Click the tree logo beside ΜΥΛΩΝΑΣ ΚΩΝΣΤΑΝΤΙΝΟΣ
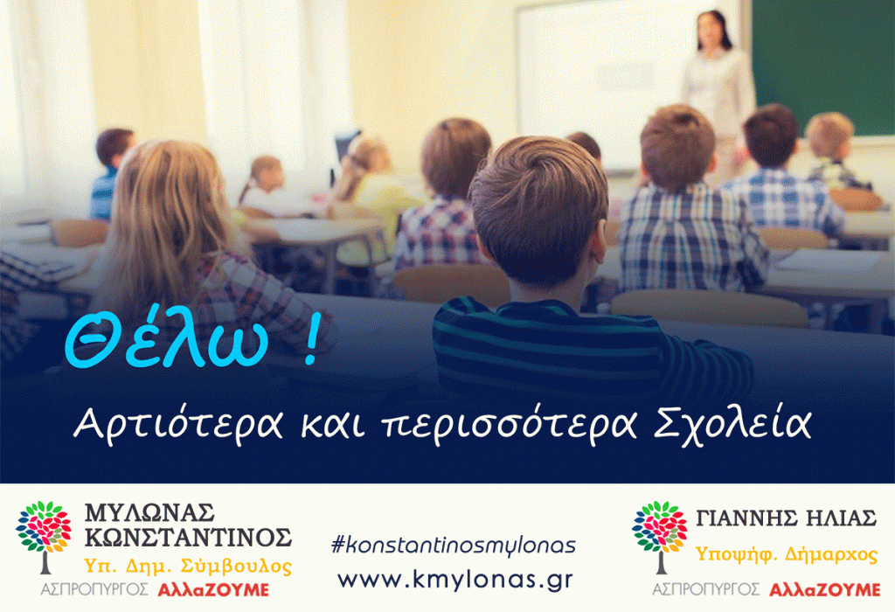pos(43,535)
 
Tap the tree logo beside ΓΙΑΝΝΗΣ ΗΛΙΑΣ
pos(660,535)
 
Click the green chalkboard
pos(822,61)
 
